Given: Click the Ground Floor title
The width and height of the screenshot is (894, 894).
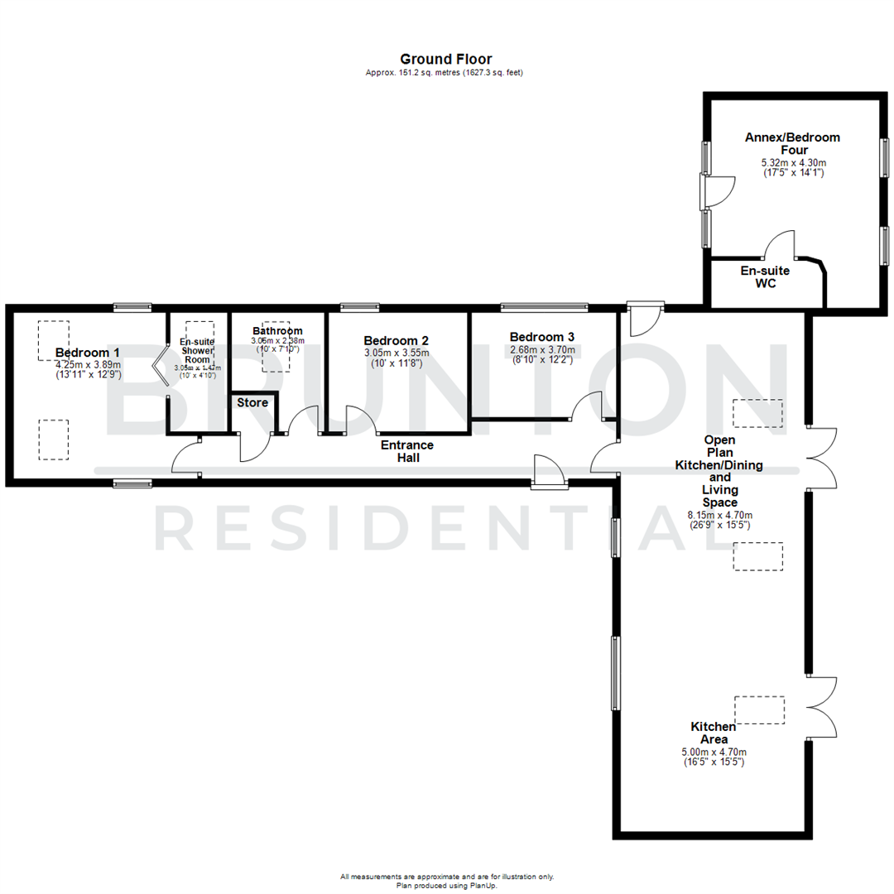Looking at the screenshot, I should click(x=445, y=59).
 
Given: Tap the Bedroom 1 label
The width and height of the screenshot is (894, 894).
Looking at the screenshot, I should click(x=88, y=353).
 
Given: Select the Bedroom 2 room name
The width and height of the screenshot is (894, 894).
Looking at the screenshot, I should click(x=396, y=340).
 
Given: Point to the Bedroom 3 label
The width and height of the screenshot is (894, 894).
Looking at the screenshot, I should click(x=542, y=337).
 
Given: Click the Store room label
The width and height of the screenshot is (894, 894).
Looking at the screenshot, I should click(x=252, y=402).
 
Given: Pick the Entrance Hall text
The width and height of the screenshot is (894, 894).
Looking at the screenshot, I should click(x=406, y=450).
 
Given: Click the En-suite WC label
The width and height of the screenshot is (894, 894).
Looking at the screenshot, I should click(x=764, y=277).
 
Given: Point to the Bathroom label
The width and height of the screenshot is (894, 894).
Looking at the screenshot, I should click(x=277, y=330).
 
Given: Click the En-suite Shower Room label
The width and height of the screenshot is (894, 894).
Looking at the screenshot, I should click(x=197, y=350).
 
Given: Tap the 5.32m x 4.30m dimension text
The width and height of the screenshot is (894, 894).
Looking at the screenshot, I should click(x=793, y=163).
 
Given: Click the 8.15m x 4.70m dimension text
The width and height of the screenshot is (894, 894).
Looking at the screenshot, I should click(x=719, y=515).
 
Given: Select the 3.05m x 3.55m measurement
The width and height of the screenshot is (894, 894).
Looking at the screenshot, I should click(x=396, y=353).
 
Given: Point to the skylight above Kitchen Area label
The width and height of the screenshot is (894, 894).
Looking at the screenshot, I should click(x=760, y=710).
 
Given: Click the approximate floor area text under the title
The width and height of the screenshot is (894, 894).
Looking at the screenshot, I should click(x=444, y=73).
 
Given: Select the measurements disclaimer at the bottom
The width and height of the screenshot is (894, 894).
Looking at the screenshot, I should click(x=447, y=876).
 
